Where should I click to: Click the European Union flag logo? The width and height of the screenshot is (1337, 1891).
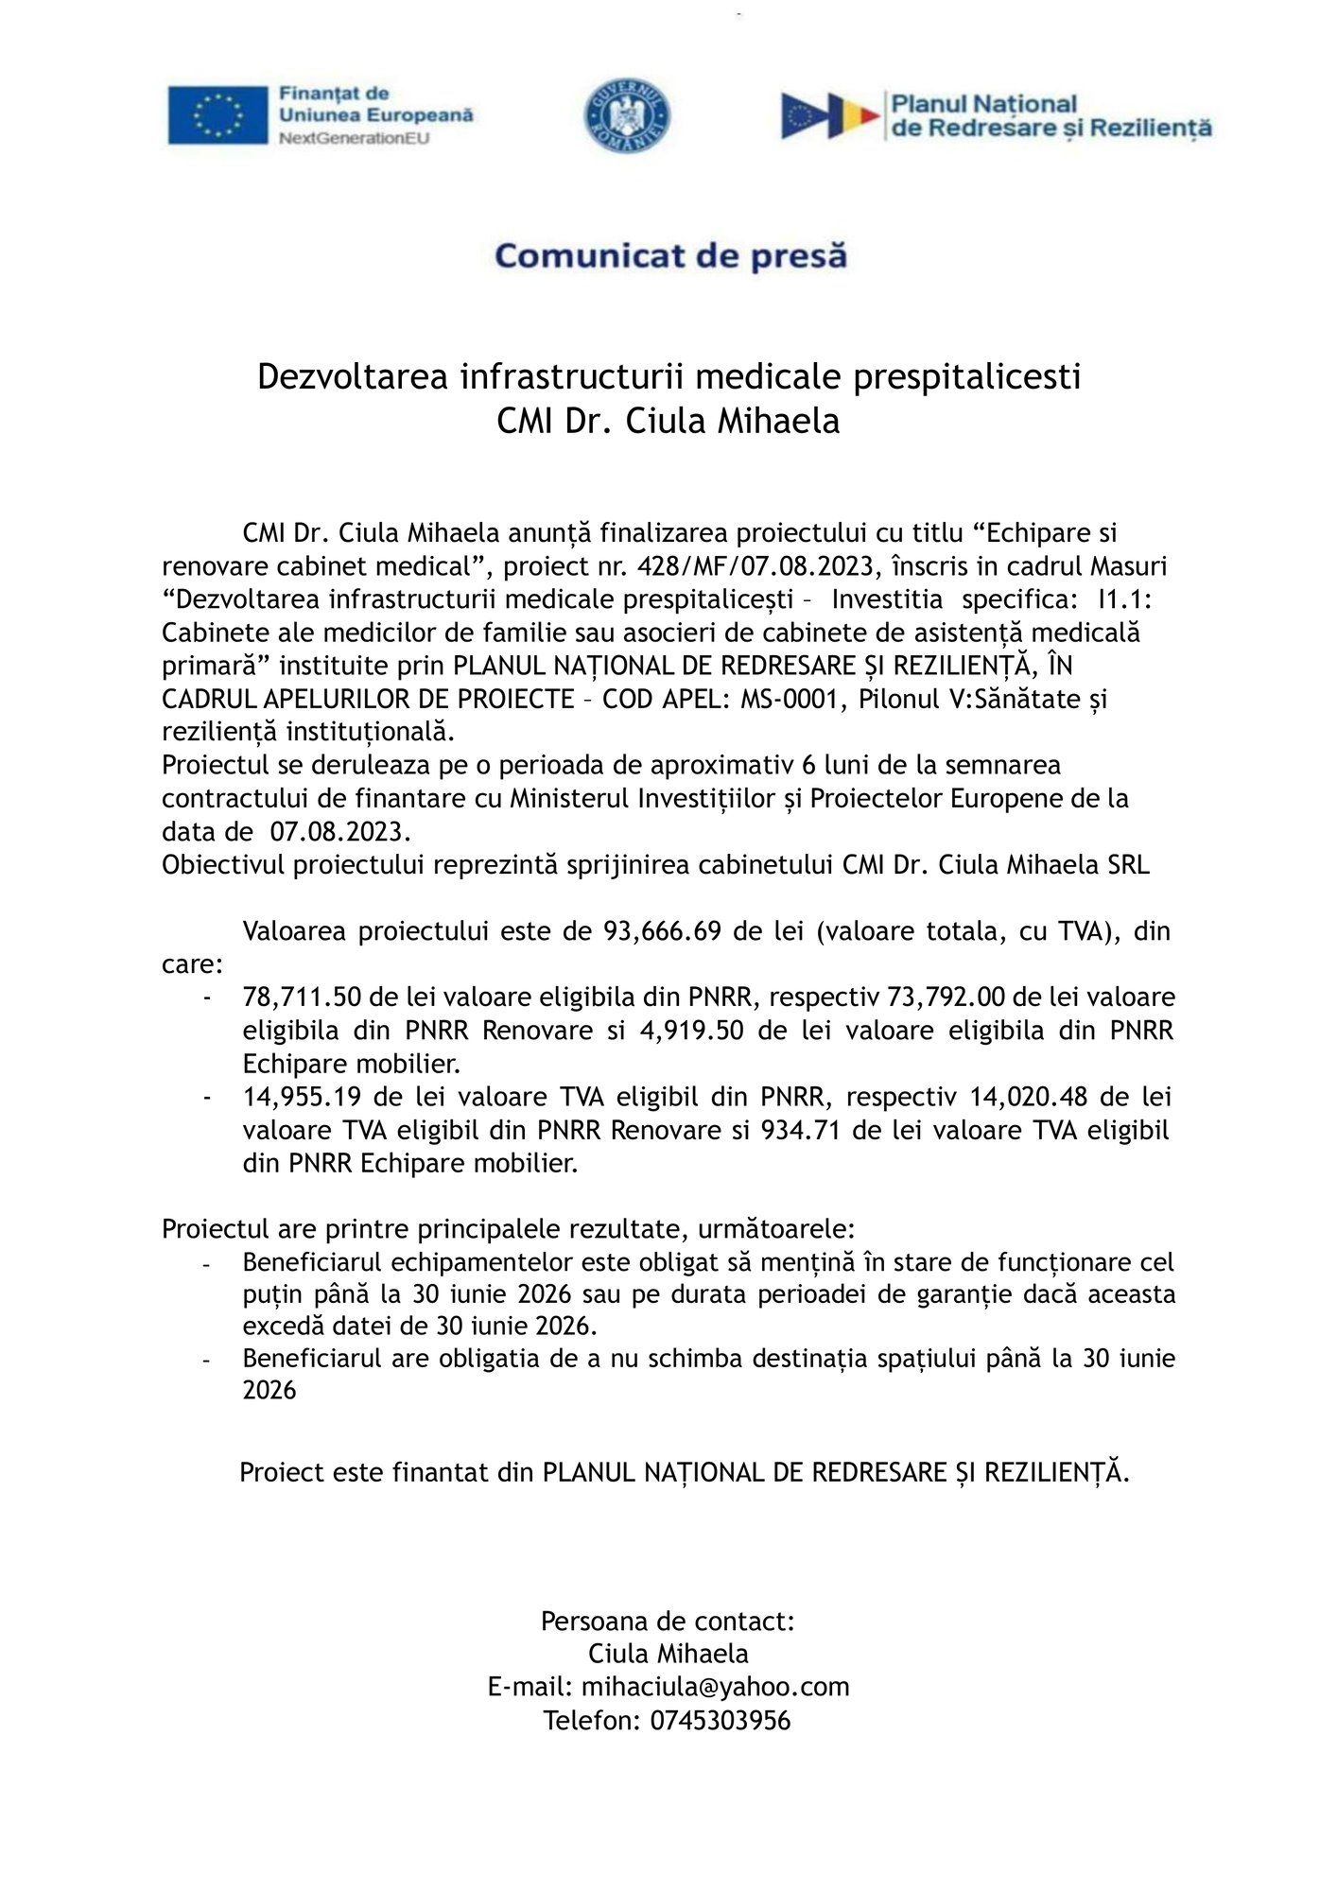pyautogui.click(x=218, y=115)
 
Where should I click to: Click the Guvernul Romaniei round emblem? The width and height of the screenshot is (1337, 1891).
pyautogui.click(x=628, y=115)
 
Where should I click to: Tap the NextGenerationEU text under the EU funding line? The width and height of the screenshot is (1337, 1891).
pyautogui.click(x=354, y=138)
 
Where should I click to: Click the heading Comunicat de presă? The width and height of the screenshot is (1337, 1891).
pyautogui.click(x=670, y=255)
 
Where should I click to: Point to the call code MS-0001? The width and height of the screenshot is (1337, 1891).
pyautogui.click(x=791, y=699)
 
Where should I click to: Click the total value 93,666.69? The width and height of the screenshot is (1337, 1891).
pyautogui.click(x=665, y=931)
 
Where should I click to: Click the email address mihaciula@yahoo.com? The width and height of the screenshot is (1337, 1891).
pyautogui.click(x=715, y=1686)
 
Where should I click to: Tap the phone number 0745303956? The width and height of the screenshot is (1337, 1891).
pyautogui.click(x=720, y=1719)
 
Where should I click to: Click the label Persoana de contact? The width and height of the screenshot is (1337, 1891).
pyautogui.click(x=668, y=1621)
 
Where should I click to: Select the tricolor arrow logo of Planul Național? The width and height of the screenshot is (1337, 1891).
pyautogui.click(x=829, y=115)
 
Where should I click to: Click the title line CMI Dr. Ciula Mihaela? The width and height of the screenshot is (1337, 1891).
pyautogui.click(x=668, y=421)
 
